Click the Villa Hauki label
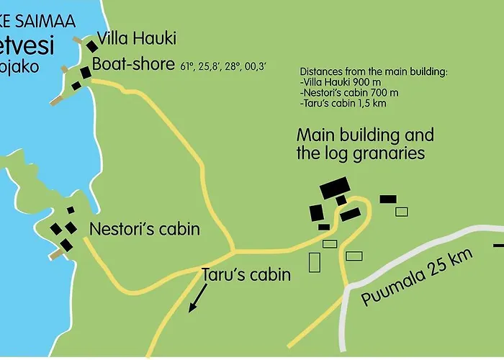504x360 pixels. [x=136, y=38]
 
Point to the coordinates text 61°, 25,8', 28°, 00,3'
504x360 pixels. [x=223, y=66]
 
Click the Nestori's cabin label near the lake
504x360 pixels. [x=144, y=230]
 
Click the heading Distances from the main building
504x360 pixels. [x=373, y=73]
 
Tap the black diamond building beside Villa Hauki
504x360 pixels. [x=92, y=45]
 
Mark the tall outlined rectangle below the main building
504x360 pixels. [x=315, y=261]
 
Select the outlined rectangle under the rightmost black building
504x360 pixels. [x=402, y=212]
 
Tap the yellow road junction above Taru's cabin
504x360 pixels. [x=233, y=251]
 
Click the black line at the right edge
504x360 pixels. [x=498, y=246]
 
